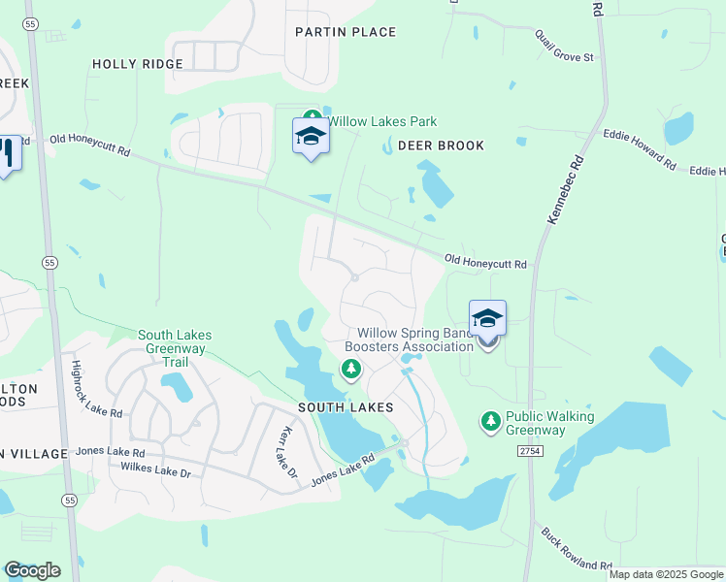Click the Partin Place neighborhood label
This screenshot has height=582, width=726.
point(346,32)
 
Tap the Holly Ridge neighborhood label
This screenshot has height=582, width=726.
point(138,64)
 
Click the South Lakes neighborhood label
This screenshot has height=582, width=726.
point(346,407)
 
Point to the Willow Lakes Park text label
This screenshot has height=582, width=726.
point(382,122)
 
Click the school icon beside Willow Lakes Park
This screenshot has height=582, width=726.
point(311,136)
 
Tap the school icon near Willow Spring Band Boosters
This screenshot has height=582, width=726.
point(487,317)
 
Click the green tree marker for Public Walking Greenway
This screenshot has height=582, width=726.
point(491,421)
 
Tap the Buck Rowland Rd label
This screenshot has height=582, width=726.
point(577,550)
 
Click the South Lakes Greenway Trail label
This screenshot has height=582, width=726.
point(175,348)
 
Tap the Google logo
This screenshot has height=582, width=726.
point(32,570)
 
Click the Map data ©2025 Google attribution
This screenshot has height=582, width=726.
point(666,574)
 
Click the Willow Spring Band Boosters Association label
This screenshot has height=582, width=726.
point(410,339)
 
